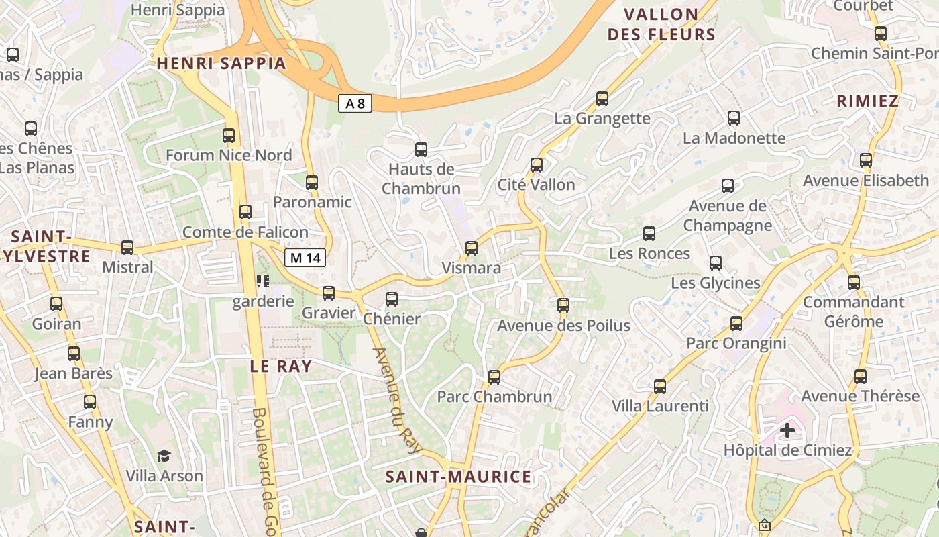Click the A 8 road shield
click(355, 103)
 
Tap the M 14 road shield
click(305, 257)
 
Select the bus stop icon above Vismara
click(472, 248)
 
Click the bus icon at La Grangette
click(602, 99)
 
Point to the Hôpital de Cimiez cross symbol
click(787, 430)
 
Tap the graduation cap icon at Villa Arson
click(164, 456)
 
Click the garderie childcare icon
click(262, 281)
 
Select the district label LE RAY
click(281, 367)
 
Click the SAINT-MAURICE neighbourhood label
click(458, 477)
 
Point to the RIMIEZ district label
click(867, 101)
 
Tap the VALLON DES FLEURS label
click(661, 25)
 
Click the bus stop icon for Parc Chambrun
click(494, 377)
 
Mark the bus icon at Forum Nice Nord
click(229, 136)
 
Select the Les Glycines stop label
click(716, 283)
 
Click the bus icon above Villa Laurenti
click(660, 387)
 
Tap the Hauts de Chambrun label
click(421, 179)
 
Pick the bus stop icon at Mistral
click(127, 248)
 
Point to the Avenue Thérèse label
click(860, 396)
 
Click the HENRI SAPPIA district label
click(221, 64)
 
